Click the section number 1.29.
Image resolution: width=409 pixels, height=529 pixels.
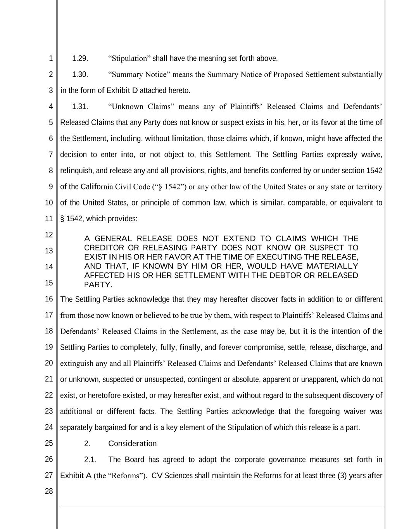pos(80,59)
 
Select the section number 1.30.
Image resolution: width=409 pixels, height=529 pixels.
pos(80,74)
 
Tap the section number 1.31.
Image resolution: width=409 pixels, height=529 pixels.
pos(80,107)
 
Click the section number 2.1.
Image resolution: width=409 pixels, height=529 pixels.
pos(90,460)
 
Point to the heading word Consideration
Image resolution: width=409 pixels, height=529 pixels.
pos(133,443)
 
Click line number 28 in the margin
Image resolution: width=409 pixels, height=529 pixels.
pos(49,491)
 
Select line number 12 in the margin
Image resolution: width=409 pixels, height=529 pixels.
pos(49,234)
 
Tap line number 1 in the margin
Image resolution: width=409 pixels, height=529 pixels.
pos(51,59)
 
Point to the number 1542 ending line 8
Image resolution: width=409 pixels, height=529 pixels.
pos(374,171)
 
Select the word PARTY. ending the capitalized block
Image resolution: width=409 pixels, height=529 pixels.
pos(98,285)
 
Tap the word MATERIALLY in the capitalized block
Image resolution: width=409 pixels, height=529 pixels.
pos(332,266)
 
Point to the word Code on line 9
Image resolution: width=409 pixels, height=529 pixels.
pos(141,187)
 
